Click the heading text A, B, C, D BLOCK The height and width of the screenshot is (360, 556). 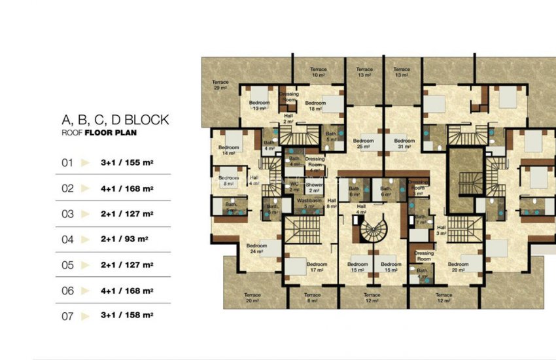pos(115,120)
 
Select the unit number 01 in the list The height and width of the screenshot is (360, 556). pos(67,163)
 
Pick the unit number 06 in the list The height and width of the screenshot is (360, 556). pos(67,291)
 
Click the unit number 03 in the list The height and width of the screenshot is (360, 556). pos(67,214)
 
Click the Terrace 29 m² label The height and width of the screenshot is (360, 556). pos(220,85)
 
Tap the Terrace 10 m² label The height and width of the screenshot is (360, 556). pos(318,72)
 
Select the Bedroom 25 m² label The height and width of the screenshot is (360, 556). pos(363,143)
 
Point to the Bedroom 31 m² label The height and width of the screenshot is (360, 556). pos(404,143)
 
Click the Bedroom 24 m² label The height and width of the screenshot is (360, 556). pos(256,248)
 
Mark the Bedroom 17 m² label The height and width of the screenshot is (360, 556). pos(317,267)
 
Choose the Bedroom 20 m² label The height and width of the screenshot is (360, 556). pos(457,267)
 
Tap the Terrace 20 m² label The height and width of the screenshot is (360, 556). pos(252,297)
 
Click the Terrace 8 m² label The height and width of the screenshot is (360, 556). pos(313,298)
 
